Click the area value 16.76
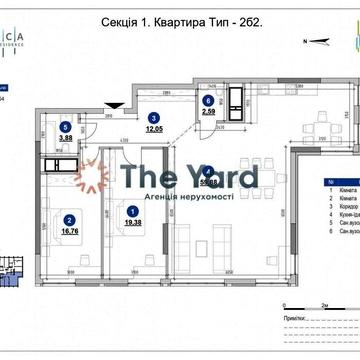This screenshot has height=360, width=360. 69,230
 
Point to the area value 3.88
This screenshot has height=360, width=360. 66,139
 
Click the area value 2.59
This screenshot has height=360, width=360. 208,112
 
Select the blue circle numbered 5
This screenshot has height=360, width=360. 65,128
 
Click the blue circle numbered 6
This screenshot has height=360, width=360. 208,101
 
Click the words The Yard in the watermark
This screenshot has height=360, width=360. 189,178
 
